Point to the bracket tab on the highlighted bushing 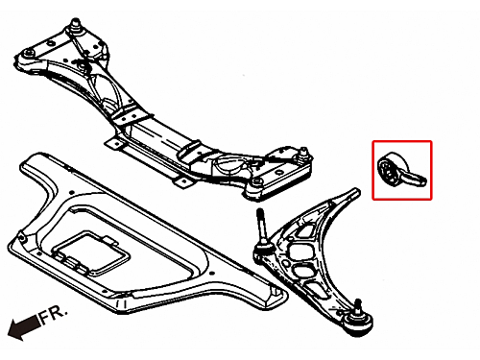(x=417, y=179)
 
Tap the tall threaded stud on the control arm (x=261, y=228)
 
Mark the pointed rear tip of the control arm (x=356, y=191)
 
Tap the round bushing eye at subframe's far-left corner (x=30, y=53)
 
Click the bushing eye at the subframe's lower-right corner (x=255, y=182)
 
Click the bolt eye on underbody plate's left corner (x=21, y=238)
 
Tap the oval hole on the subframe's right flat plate (x=279, y=173)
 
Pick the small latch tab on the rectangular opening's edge (x=109, y=240)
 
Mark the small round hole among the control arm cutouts (x=291, y=238)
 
